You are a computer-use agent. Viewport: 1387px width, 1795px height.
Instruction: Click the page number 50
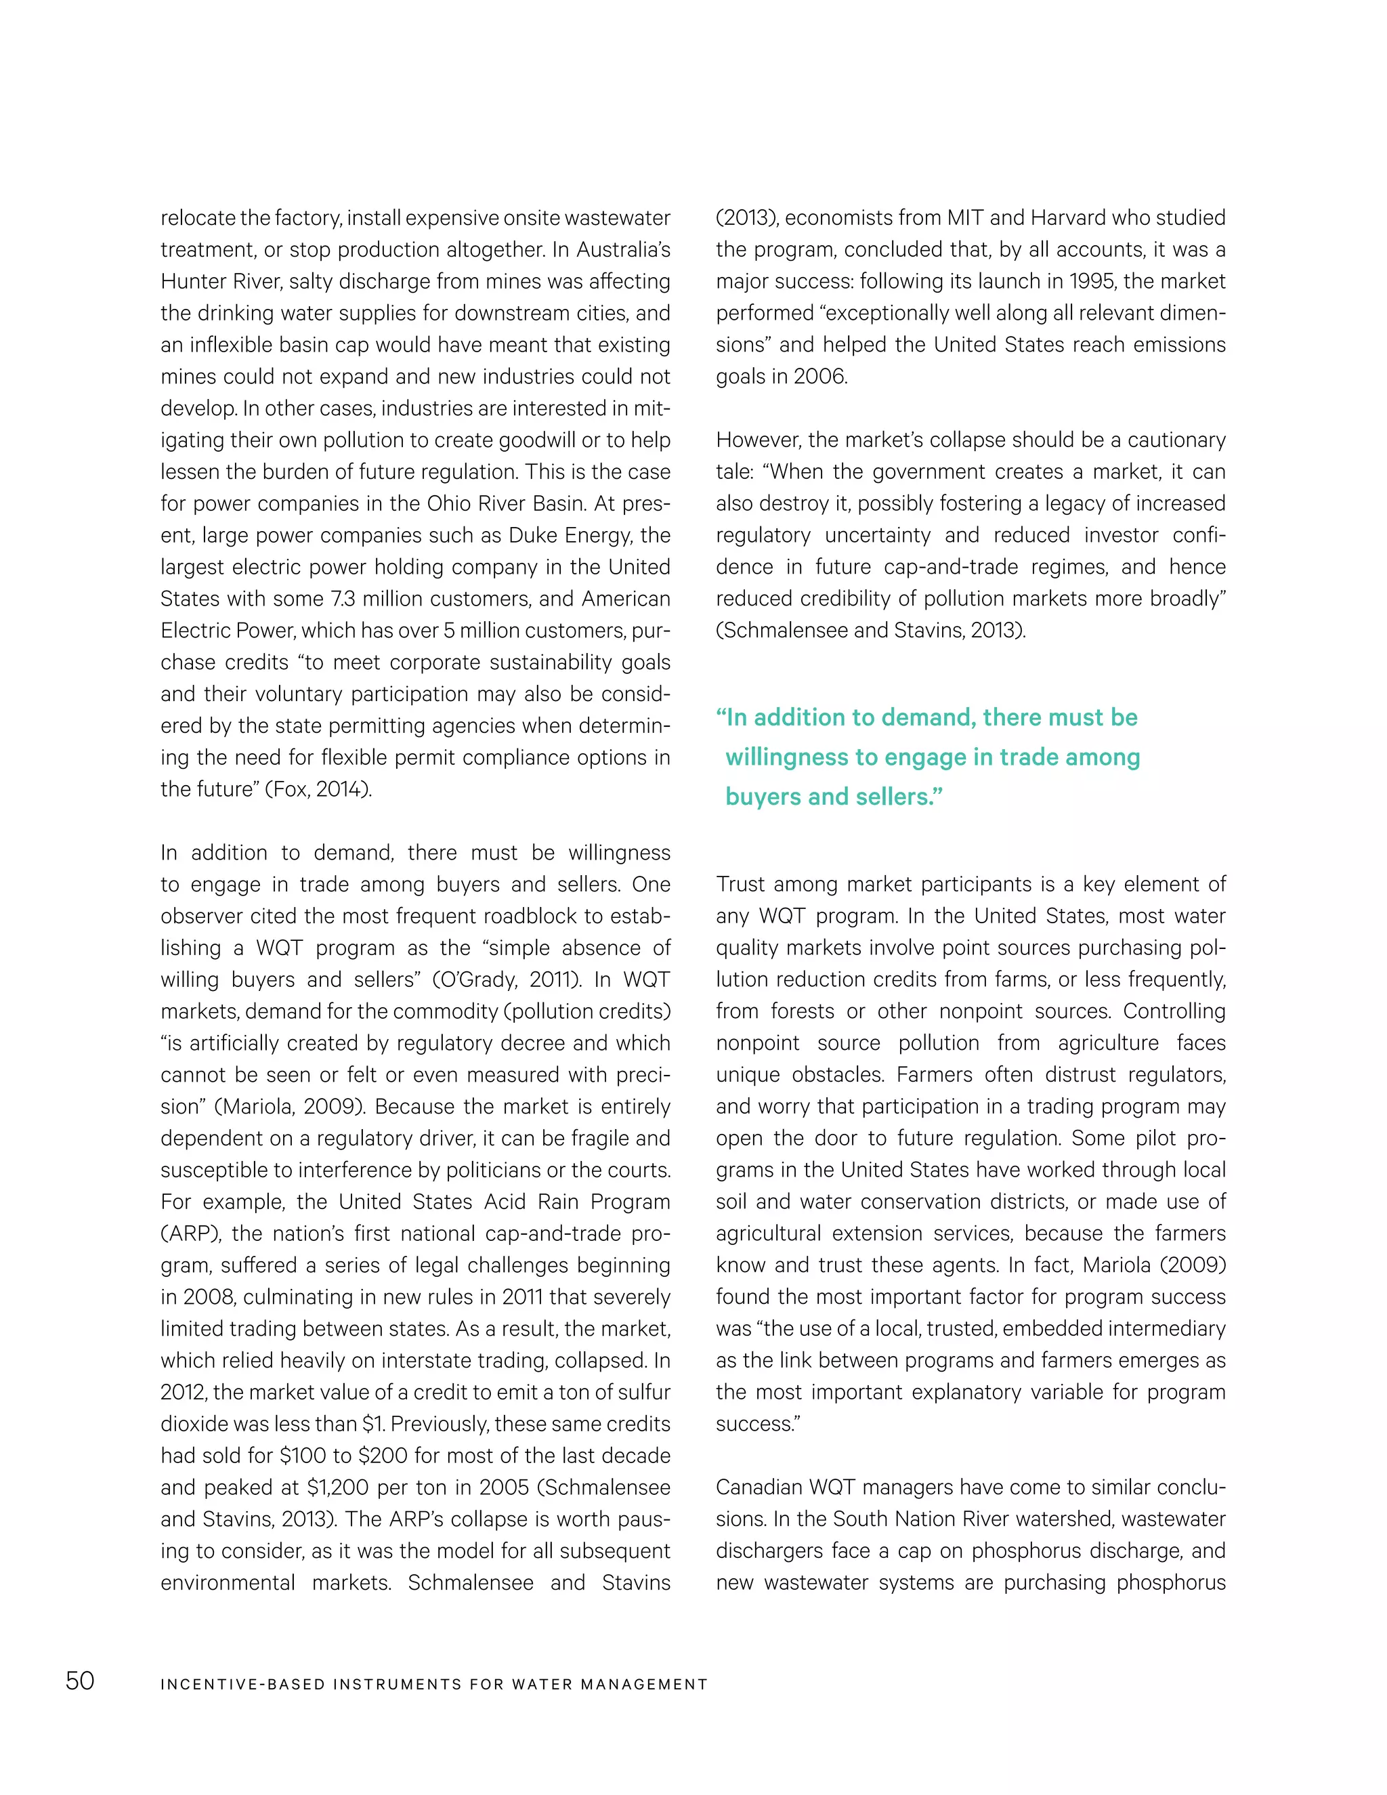(x=80, y=1680)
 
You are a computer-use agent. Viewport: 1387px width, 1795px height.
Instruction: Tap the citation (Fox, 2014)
(x=318, y=789)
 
